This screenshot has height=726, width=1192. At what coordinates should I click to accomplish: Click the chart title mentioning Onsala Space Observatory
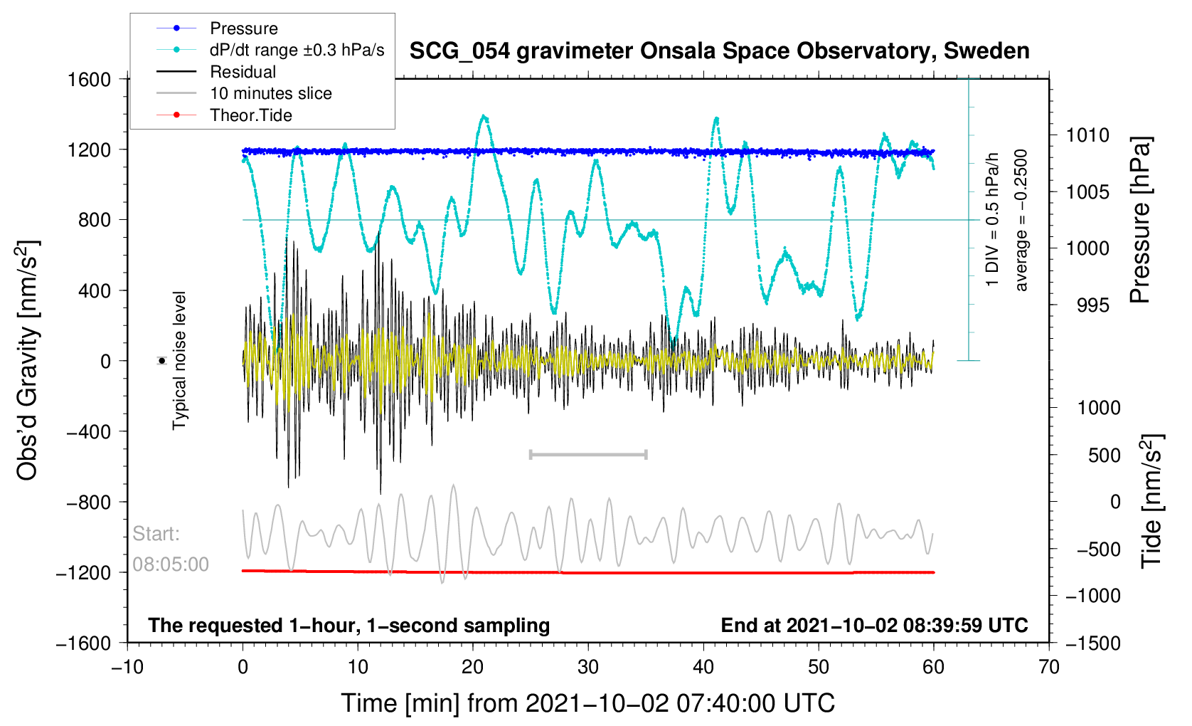click(x=719, y=51)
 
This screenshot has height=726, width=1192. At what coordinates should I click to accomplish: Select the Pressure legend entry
click(x=243, y=28)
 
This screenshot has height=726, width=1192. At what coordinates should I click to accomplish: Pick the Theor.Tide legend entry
click(x=250, y=115)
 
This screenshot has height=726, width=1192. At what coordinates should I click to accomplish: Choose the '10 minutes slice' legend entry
click(x=270, y=93)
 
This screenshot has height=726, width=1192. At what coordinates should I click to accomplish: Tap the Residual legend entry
click(x=243, y=72)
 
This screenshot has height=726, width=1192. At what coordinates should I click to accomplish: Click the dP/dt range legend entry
click(x=297, y=50)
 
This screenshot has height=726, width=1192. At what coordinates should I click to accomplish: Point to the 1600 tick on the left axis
click(x=90, y=79)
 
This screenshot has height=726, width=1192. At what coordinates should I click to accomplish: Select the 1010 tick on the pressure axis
click(x=1087, y=135)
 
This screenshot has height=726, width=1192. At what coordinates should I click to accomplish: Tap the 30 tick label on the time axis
click(x=588, y=667)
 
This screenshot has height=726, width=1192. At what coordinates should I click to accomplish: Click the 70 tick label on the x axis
click(x=1048, y=667)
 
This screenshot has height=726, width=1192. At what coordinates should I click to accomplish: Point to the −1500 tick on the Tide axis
click(x=1093, y=643)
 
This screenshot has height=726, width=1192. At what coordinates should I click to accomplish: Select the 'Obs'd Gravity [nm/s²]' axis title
click(x=27, y=361)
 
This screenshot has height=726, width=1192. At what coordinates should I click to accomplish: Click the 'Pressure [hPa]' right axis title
click(x=1139, y=221)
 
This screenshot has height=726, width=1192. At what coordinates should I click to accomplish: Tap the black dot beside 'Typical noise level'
click(x=162, y=361)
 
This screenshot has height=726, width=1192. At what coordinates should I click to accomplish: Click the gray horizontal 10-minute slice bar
click(x=588, y=454)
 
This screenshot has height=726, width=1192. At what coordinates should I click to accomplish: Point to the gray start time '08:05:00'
click(x=171, y=564)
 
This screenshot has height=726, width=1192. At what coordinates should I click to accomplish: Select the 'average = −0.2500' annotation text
click(x=1021, y=221)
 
